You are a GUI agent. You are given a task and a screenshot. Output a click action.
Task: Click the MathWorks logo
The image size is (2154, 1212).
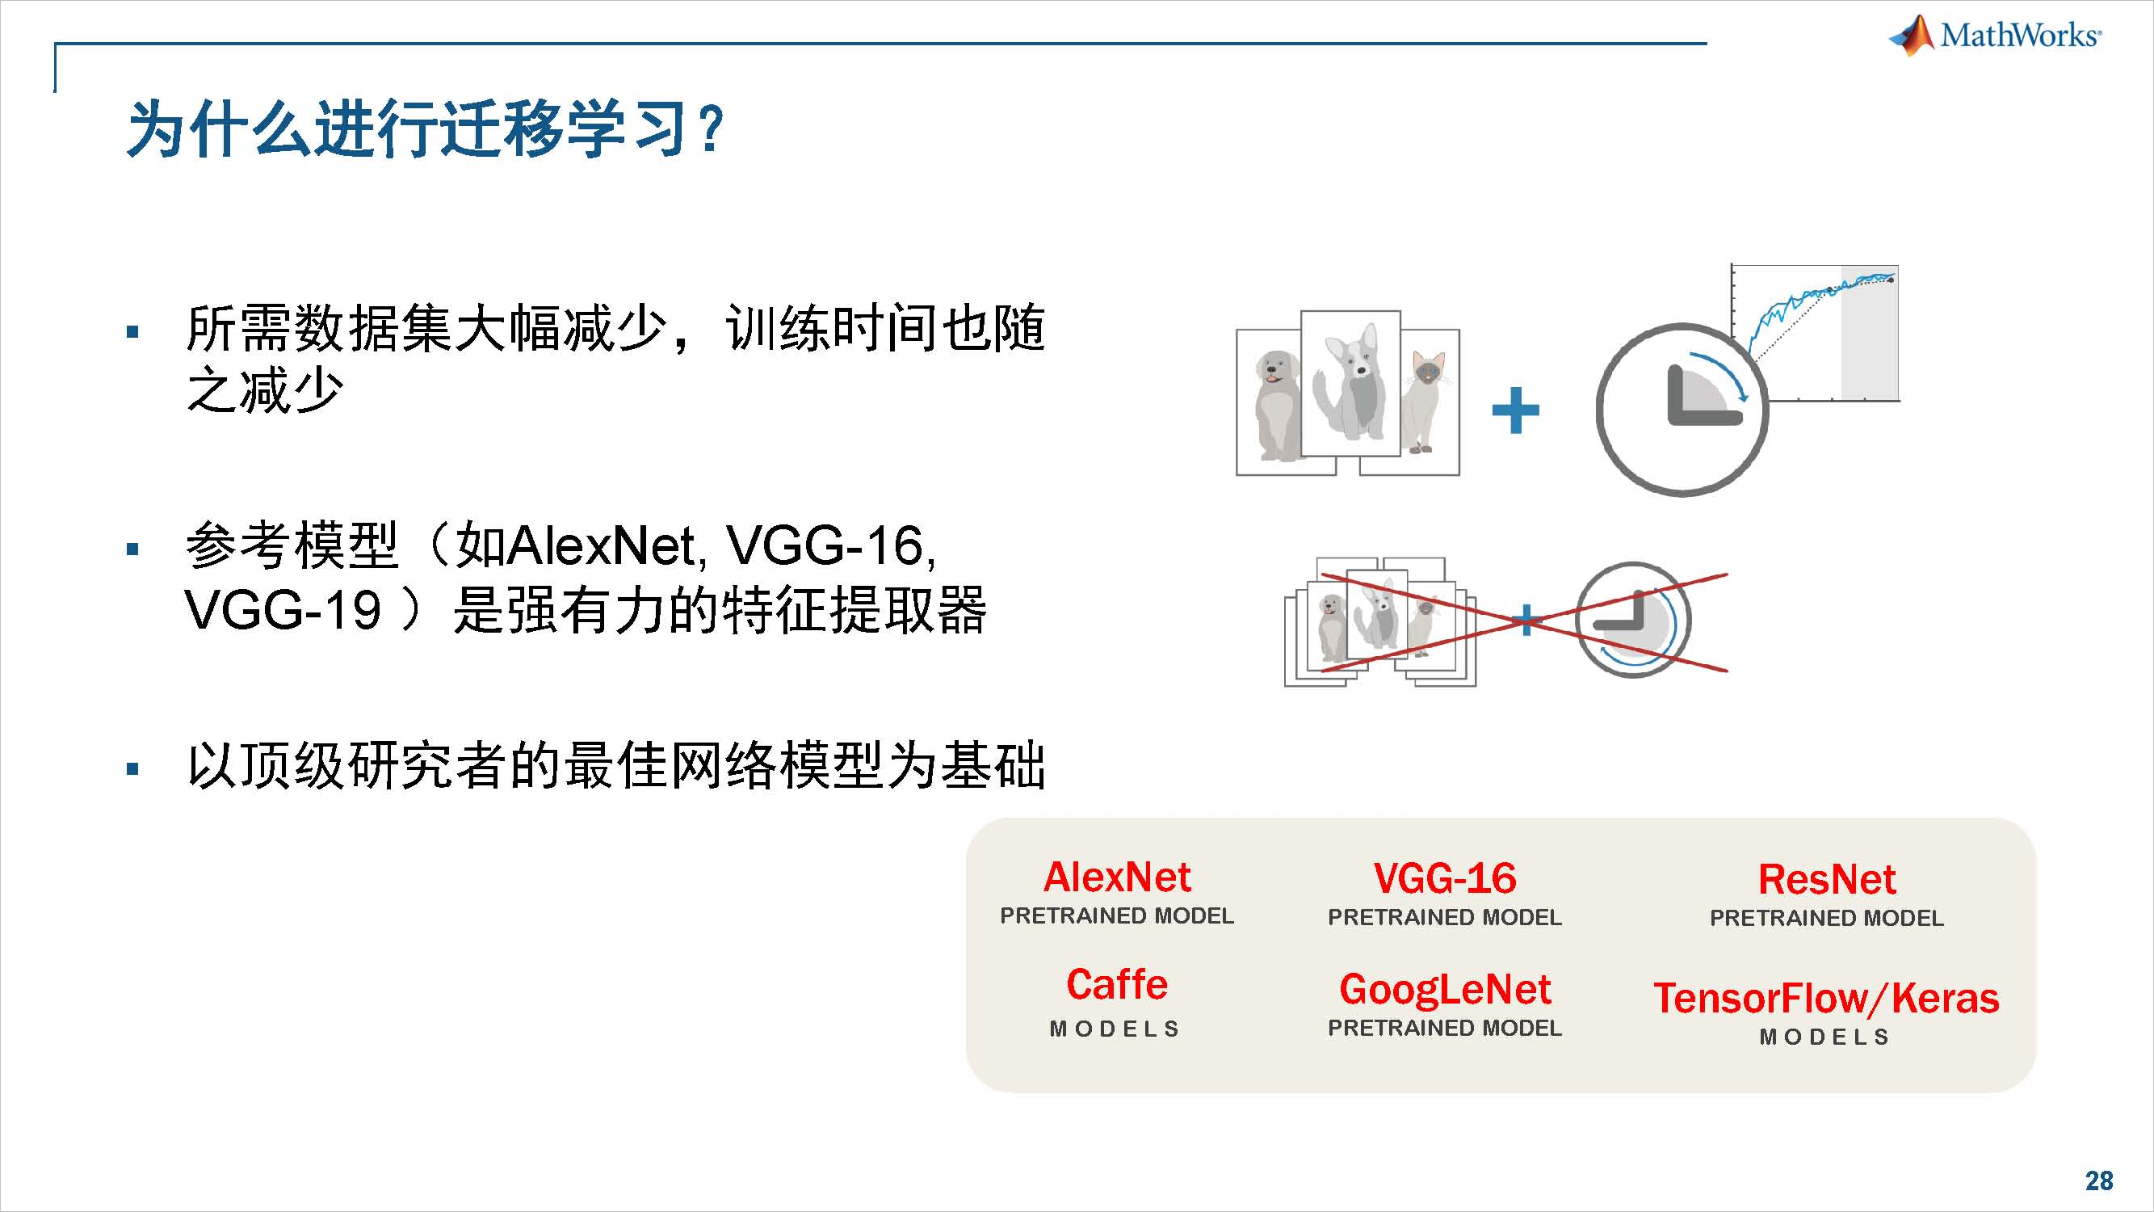1994,35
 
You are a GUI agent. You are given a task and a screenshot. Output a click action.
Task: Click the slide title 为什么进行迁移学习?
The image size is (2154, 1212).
425,128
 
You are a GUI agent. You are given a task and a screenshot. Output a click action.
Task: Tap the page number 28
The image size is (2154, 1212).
2099,1180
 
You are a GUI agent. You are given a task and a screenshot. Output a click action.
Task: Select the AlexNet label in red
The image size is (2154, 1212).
1116,877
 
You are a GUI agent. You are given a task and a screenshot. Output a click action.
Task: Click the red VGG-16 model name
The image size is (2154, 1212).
1444,878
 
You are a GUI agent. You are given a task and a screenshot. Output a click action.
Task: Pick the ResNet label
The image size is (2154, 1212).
1826,879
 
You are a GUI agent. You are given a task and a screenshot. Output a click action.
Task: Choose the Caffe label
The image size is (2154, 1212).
1116,984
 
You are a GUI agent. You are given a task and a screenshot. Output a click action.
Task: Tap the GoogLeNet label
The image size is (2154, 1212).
1444,990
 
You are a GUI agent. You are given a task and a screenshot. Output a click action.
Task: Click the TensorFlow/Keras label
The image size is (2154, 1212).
1826,998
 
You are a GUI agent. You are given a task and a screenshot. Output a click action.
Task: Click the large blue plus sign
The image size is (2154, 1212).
1515,410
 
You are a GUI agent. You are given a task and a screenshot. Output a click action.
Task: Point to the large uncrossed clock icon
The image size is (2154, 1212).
1682,410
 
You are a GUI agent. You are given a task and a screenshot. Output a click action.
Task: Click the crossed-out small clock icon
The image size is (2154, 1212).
1633,620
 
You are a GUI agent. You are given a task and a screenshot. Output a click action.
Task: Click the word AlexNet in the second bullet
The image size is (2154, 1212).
600,546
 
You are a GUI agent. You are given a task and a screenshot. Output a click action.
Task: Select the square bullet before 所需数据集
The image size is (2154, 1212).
132,332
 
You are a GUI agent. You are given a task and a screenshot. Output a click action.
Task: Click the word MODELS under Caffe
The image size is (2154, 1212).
1115,1029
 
